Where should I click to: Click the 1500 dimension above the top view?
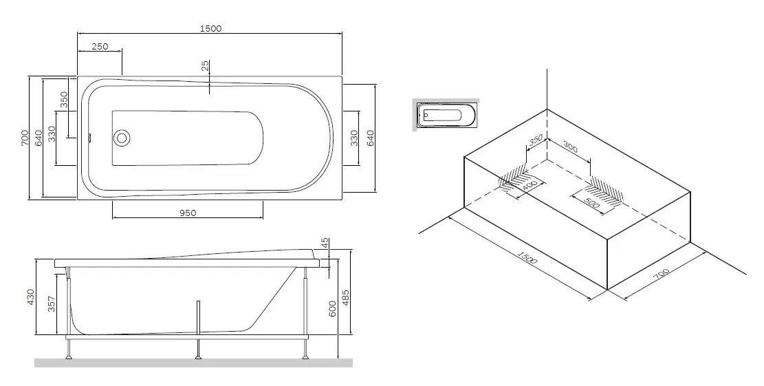(210, 28)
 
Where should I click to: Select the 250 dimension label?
(100, 47)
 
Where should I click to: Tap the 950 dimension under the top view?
(188, 213)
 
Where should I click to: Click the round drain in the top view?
(121, 138)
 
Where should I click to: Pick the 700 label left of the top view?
(25, 138)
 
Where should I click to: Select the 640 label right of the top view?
(370, 138)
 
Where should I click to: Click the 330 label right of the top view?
(355, 138)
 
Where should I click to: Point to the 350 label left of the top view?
(64, 100)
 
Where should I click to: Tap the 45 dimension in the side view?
(325, 243)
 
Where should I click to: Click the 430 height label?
(30, 297)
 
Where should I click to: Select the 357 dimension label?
(51, 304)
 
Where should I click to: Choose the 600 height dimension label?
(333, 309)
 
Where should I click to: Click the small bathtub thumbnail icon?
(446, 115)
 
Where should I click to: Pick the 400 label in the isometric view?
(530, 186)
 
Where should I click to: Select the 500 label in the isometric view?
(591, 203)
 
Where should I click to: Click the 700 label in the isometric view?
(661, 274)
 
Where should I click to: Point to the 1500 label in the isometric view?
(527, 257)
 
